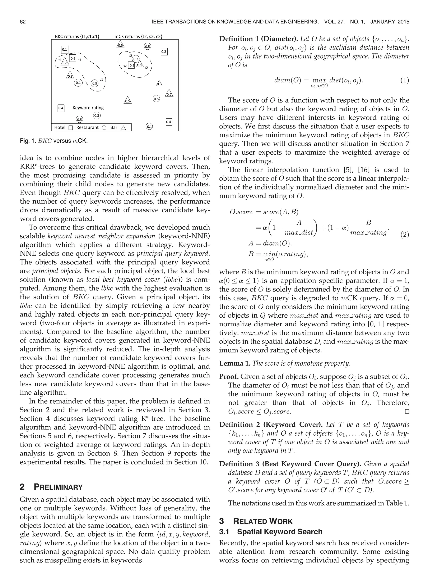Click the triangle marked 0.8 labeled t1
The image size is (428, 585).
point(65,62)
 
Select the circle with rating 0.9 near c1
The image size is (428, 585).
point(95,83)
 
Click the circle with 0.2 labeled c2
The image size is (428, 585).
point(136,59)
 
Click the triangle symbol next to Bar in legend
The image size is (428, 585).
point(123,128)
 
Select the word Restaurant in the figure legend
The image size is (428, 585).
point(87,128)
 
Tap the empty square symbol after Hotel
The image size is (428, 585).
point(71,128)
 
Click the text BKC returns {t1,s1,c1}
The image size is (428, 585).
point(77,37)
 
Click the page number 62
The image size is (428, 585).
point(23,22)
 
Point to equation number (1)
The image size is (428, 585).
point(405,80)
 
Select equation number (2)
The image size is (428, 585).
point(405,235)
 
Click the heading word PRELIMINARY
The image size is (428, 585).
point(58,487)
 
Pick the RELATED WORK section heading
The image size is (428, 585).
point(263,521)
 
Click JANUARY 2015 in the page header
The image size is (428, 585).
point(390,22)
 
